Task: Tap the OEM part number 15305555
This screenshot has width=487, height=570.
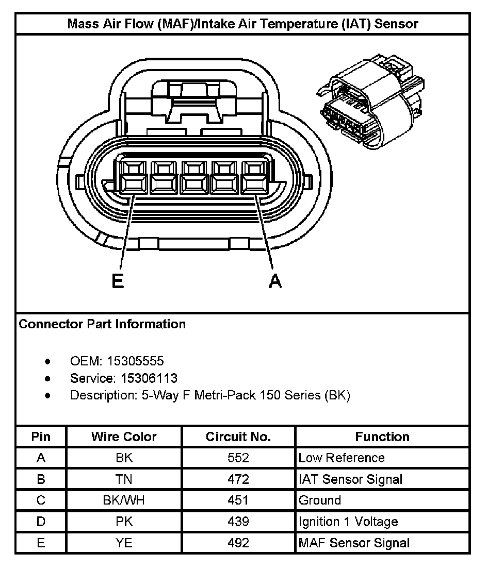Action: pos(142,361)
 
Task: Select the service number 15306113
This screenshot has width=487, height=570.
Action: pos(149,379)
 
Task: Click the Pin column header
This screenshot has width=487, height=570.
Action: pos(41,437)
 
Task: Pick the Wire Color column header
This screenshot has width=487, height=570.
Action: pos(124,437)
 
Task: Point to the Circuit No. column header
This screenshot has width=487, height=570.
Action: pos(238,437)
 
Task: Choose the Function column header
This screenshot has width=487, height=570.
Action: pos(382,437)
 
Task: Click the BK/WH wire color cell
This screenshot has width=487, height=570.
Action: pos(124,500)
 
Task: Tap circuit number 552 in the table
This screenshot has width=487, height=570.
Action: pos(238,458)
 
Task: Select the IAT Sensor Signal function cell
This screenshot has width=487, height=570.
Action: pos(350,479)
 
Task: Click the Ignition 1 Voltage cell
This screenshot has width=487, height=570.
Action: pos(348,521)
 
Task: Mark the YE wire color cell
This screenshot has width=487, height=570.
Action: pos(124,542)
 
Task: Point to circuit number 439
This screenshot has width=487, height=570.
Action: pos(238,521)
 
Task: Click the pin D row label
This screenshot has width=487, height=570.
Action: pos(41,521)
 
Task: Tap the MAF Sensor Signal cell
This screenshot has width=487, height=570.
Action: pos(354,542)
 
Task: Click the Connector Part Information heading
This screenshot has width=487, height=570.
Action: pos(102,324)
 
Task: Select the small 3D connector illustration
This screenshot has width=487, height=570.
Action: pos(370,103)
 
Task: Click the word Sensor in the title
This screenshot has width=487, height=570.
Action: pos(392,24)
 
